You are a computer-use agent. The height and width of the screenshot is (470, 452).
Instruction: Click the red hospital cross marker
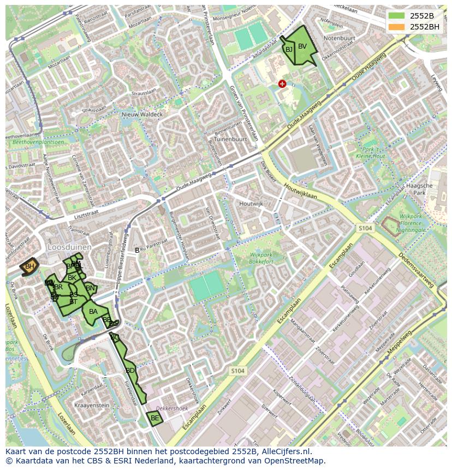[282, 84]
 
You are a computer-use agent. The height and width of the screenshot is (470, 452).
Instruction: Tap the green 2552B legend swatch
[397, 16]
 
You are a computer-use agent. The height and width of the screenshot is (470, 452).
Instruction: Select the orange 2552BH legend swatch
[397, 27]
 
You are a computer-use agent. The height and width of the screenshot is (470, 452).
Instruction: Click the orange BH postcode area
[29, 266]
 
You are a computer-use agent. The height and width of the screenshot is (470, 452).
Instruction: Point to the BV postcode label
[302, 46]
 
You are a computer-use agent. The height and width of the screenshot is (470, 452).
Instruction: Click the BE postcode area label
[154, 418]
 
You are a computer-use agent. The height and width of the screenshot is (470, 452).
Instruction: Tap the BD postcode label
[130, 371]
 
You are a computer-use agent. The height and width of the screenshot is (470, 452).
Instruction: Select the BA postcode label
[93, 312]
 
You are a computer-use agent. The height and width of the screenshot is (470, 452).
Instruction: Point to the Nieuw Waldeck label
[142, 115]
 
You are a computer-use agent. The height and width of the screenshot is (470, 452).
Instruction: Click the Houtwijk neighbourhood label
[251, 204]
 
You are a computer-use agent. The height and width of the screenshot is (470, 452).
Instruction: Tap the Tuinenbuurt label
[230, 139]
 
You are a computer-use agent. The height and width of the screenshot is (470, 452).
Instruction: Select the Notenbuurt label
[339, 39]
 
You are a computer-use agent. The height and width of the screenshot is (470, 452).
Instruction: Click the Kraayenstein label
[92, 406]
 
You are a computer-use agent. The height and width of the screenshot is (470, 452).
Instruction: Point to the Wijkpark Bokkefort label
[261, 258]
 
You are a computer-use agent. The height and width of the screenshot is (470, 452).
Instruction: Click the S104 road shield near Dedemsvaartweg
[365, 228]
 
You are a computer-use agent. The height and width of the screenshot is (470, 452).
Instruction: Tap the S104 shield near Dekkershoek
[237, 371]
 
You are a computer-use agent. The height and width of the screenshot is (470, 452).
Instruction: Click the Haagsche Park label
[420, 189]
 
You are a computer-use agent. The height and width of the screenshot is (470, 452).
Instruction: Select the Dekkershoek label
[172, 408]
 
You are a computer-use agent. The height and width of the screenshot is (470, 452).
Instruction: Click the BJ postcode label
[289, 49]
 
